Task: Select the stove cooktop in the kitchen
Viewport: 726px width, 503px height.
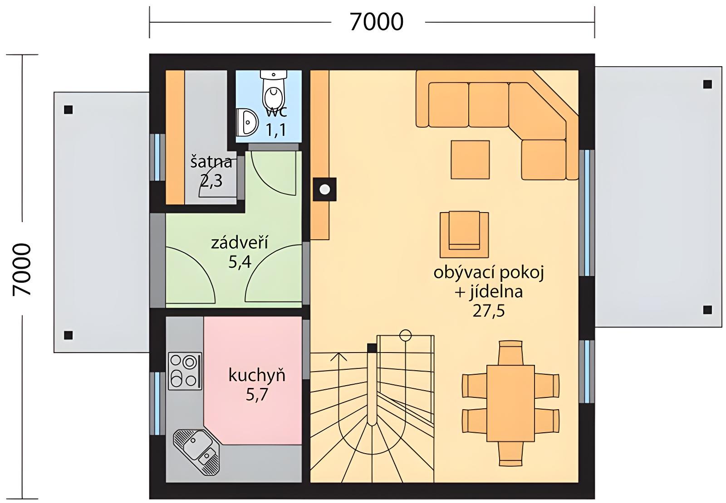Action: [x=185, y=371]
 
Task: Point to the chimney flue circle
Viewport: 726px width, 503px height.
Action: [x=324, y=189]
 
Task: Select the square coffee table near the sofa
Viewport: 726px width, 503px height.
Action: [x=470, y=160]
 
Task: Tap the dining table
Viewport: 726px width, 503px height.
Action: [x=510, y=403]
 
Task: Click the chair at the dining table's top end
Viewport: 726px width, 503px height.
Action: [x=510, y=353]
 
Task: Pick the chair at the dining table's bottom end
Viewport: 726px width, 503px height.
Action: [x=510, y=454]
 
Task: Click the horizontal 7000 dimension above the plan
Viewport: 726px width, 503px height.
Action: [x=377, y=22]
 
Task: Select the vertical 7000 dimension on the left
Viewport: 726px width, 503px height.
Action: [x=22, y=270]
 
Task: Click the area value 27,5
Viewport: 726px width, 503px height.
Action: [x=488, y=311]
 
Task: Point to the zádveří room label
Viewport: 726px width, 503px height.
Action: [x=240, y=243]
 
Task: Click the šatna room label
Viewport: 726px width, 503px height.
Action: [x=211, y=162]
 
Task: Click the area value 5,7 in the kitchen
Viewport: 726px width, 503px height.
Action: [x=257, y=395]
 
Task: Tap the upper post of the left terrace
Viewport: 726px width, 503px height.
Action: [x=68, y=110]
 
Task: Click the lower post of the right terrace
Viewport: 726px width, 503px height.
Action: [x=707, y=310]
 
